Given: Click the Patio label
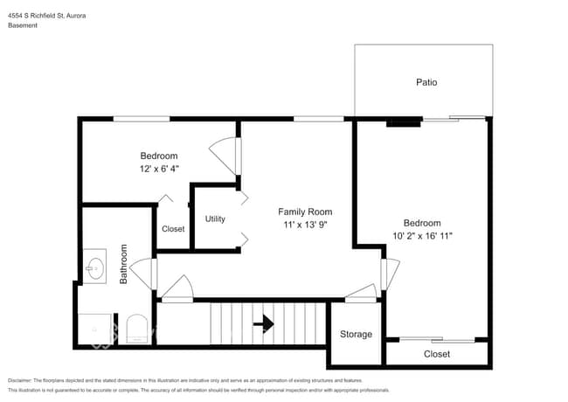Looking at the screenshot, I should [426, 83].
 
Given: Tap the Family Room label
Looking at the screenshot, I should [305, 212].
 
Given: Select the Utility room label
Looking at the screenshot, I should [216, 218].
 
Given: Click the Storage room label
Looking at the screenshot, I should [356, 335].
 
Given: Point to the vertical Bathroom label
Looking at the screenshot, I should [124, 263].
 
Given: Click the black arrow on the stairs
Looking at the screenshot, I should [263, 324].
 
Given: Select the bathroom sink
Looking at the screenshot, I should [95, 264].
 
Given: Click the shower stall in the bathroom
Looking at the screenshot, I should [96, 329].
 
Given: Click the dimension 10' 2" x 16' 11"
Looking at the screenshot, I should [422, 235].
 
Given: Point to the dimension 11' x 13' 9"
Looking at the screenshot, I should [305, 225].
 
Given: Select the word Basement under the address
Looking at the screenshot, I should [24, 25].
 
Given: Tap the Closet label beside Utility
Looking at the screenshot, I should [173, 229].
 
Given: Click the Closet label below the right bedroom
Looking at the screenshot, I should [437, 354].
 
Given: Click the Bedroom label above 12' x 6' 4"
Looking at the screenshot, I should [158, 156].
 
